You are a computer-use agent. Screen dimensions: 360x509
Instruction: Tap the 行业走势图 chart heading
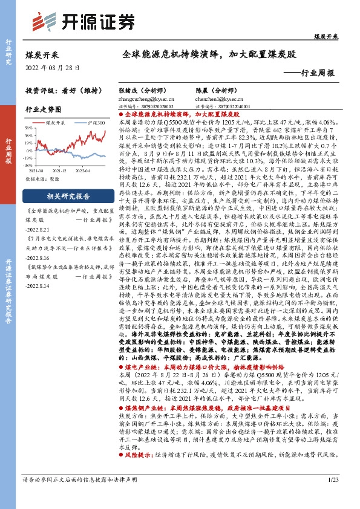click(x=44, y=110)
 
